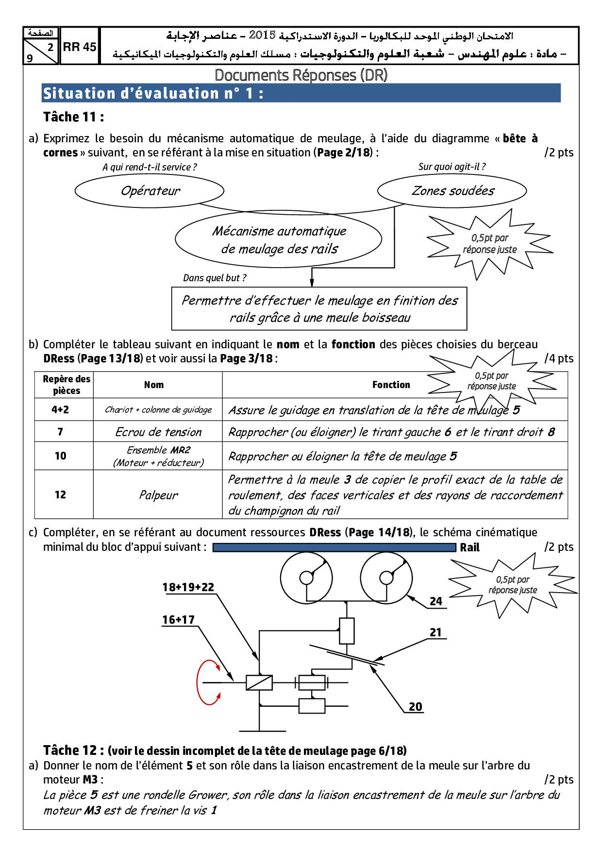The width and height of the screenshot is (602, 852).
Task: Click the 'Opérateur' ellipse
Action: coord(150,190)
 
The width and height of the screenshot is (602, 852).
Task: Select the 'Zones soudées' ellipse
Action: coord(452,190)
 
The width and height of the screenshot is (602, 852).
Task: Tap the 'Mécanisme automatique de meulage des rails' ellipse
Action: coord(279,239)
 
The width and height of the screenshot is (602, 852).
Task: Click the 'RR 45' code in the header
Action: coord(80,47)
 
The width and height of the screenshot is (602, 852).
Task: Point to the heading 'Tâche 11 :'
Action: coord(73,117)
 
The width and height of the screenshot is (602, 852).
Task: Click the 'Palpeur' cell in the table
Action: coord(158,495)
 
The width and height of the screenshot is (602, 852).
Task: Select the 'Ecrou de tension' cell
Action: coord(158,432)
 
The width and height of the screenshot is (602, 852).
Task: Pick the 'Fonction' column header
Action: coord(391,385)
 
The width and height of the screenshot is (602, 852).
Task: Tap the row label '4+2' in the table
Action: coord(60,409)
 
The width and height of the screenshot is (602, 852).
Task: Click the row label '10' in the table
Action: coord(60,456)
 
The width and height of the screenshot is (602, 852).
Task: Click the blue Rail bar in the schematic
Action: coord(334,547)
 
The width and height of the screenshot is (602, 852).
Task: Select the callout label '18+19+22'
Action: coord(188,587)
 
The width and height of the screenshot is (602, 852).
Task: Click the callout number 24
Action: coord(436,601)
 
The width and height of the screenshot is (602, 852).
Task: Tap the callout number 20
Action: coord(415,707)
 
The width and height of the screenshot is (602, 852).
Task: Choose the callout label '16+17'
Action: coord(178,620)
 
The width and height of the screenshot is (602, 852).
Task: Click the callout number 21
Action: coord(435,632)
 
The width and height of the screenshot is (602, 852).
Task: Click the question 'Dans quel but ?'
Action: coord(215,278)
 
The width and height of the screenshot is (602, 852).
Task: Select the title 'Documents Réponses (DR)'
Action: coord(301,75)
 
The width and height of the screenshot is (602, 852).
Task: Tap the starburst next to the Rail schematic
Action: coord(513,585)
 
